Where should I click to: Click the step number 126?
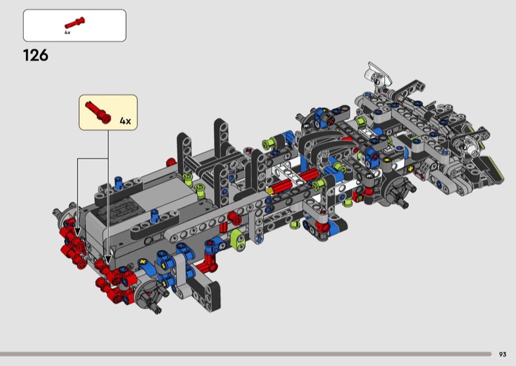[x=35, y=55]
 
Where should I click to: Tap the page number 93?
[x=502, y=354]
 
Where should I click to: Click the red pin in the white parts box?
[x=75, y=23]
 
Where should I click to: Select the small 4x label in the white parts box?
[x=67, y=33]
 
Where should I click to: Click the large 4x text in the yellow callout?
[x=125, y=121]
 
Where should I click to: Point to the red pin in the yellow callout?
[x=98, y=112]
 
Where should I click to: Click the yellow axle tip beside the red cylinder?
[x=269, y=191]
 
